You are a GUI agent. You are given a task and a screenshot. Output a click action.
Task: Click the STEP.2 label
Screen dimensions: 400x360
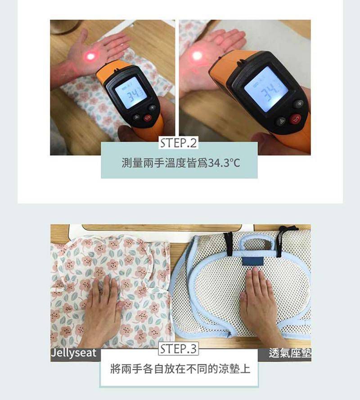pos(179,143)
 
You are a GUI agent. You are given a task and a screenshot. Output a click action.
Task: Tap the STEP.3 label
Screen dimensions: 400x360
pos(179,349)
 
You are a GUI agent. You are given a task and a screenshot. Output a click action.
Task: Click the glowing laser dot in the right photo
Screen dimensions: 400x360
pos(197,56)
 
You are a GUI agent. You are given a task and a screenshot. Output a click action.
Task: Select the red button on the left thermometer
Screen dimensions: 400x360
pos(148,118)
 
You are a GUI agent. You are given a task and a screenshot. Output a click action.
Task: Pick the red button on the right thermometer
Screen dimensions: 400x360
pos(295,120)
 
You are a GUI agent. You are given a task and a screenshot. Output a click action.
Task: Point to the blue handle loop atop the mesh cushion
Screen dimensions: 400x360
pos(257,240)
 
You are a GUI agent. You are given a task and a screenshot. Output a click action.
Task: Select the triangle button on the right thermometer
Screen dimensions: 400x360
pos(281,121)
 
